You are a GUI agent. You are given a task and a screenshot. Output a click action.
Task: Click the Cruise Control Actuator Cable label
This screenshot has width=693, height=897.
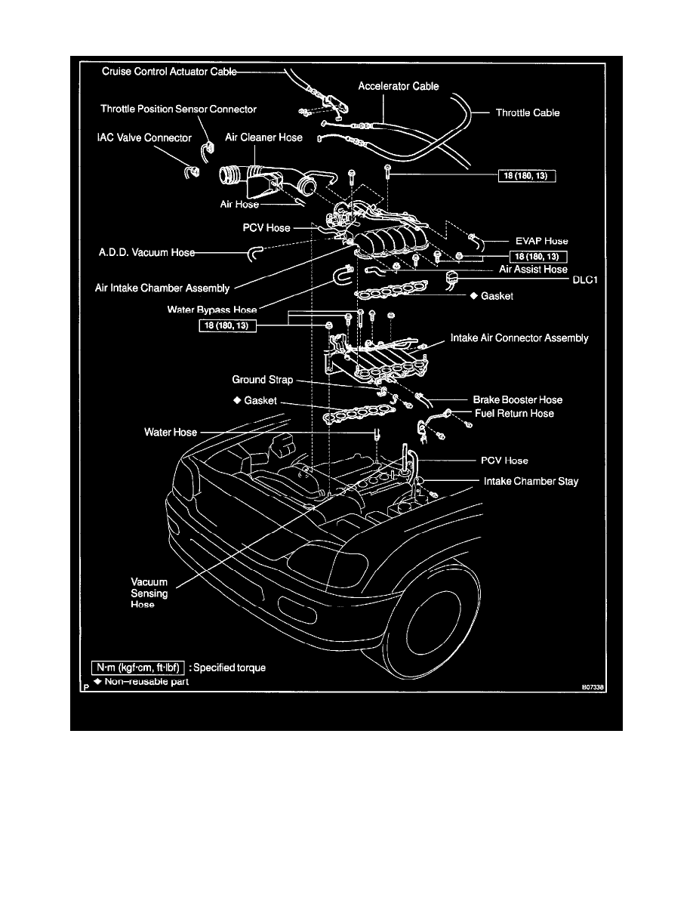pyautogui.click(x=168, y=72)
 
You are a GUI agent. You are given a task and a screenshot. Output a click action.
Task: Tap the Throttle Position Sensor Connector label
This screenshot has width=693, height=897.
pyautogui.click(x=178, y=109)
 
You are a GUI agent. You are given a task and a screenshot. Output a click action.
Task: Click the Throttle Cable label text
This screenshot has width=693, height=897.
pyautogui.click(x=528, y=113)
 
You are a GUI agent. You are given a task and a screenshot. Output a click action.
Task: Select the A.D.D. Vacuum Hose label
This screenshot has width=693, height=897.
pyautogui.click(x=146, y=253)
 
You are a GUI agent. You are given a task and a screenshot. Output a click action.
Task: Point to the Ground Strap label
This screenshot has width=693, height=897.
pyautogui.click(x=262, y=380)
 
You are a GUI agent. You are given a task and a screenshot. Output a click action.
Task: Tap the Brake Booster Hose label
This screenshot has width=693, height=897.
pyautogui.click(x=517, y=399)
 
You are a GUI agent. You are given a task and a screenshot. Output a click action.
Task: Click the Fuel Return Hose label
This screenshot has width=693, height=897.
pyautogui.click(x=514, y=414)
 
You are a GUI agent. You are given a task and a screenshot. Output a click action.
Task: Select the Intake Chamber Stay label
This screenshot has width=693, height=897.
pyautogui.click(x=531, y=481)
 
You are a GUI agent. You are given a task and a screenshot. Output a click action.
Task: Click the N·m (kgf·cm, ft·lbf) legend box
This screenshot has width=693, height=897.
pyautogui.click(x=137, y=668)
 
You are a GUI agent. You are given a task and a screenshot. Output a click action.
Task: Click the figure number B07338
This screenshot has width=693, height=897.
pyautogui.click(x=594, y=688)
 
